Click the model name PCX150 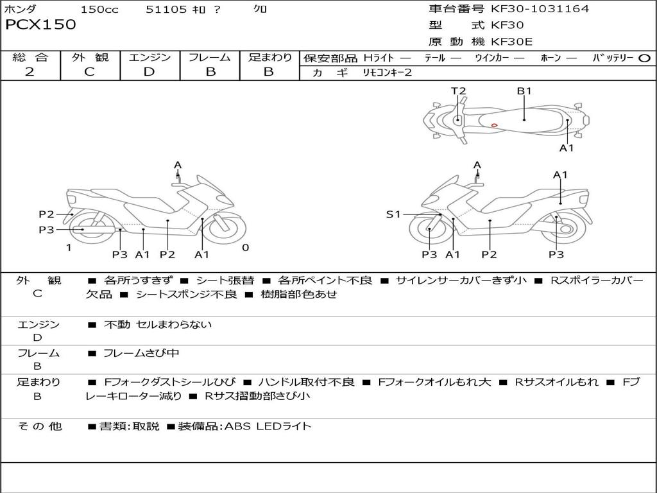click(40, 24)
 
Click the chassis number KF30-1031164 click(540, 8)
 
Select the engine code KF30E click(511, 42)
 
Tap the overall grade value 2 click(30, 72)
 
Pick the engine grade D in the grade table click(149, 72)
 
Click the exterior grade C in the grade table click(89, 72)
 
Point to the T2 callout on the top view click(458, 91)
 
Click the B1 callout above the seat click(524, 91)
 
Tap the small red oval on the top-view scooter click(495, 125)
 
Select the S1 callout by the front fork click(393, 214)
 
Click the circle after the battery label click(644, 58)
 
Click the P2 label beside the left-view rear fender click(46, 214)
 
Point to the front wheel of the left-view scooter click(226, 229)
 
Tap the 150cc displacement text click(99, 9)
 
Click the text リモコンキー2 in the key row click(387, 73)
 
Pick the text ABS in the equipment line click(237, 426)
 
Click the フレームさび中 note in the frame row click(141, 354)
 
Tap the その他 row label click(40, 426)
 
